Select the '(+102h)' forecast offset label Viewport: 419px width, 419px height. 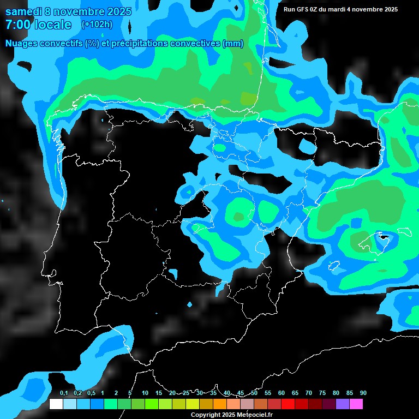point(97,24)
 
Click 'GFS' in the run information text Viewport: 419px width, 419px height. point(302,9)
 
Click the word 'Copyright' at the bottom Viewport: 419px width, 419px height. point(205,415)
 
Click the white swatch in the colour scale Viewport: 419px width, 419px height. point(56,404)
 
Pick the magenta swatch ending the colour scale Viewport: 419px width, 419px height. point(356,404)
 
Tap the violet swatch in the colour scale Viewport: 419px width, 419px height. point(342,404)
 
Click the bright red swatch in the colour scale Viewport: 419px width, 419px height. point(288,404)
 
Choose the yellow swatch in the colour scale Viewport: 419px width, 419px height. point(192,404)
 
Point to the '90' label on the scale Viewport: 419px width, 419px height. point(363,393)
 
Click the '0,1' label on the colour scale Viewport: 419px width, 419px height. point(63,393)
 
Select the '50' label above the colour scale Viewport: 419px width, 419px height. point(254,393)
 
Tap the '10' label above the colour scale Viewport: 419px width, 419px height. point(145,393)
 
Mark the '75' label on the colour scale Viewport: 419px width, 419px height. point(322,393)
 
